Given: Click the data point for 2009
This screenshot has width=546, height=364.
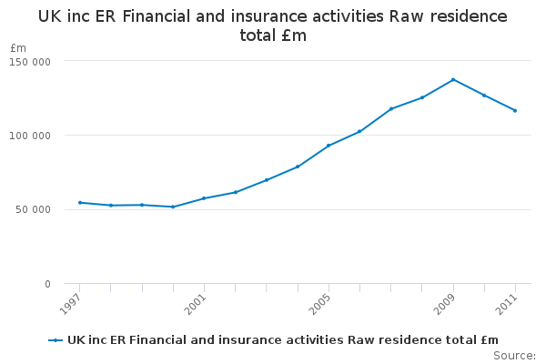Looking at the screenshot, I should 453,80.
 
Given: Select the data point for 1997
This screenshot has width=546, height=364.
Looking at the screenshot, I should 80,202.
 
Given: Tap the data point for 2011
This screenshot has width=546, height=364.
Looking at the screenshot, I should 515,111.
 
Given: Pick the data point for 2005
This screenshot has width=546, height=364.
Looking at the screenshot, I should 329,146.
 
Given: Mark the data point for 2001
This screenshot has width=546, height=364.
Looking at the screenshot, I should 204,198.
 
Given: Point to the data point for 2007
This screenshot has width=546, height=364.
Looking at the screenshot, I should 391,109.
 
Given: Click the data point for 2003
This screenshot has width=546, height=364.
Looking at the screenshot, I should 267,180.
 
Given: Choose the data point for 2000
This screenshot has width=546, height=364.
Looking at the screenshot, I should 173,207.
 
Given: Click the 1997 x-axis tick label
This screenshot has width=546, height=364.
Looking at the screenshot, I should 72,304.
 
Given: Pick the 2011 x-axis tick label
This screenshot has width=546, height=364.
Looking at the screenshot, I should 507,304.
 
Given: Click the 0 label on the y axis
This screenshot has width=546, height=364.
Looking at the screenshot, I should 47,284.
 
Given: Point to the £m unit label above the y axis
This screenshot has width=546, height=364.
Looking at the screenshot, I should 18,47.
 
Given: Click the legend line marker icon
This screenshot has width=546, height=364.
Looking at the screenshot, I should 56,340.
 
